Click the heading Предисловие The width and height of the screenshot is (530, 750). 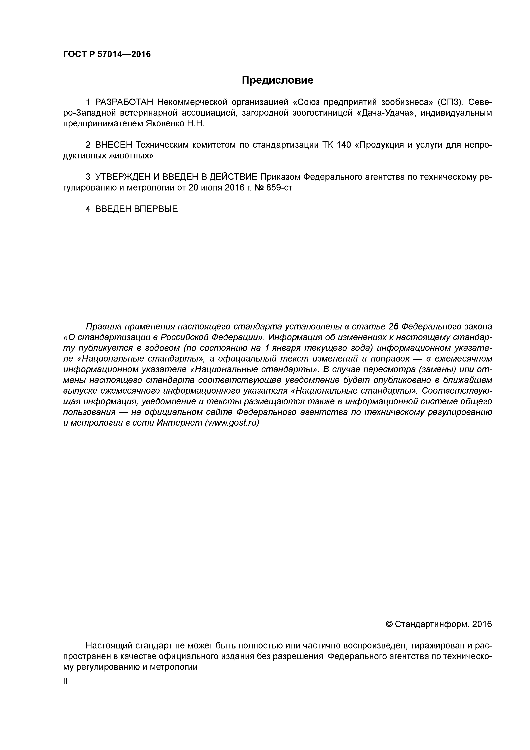277,80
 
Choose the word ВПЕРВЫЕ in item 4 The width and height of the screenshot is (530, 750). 156,209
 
